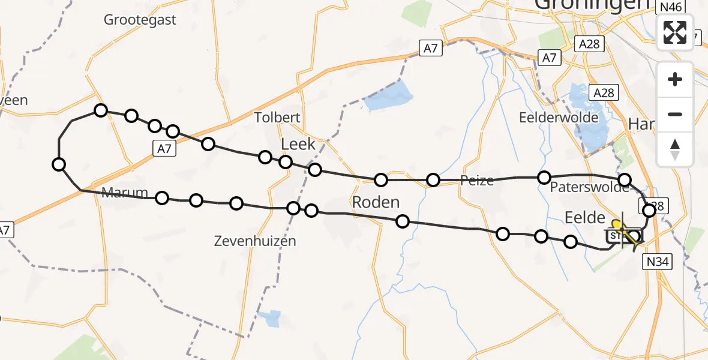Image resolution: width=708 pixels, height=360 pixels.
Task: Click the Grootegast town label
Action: (x=140, y=20)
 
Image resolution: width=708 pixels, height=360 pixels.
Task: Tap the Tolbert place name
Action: (x=277, y=117)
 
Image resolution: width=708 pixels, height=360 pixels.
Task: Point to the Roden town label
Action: (x=376, y=202)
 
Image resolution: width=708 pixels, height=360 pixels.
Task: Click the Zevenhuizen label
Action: (x=255, y=241)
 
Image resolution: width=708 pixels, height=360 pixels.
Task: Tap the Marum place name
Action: (x=124, y=193)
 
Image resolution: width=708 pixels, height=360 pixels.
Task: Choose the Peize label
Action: (x=477, y=180)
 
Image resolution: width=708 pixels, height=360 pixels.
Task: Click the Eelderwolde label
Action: (x=558, y=117)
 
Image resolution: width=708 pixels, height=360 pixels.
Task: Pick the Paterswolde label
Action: (x=589, y=187)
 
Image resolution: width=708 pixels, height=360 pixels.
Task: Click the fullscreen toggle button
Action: (x=675, y=32)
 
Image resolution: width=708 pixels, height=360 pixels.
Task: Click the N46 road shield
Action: (x=670, y=7)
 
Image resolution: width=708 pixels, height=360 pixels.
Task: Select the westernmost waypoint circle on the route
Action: (x=59, y=164)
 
